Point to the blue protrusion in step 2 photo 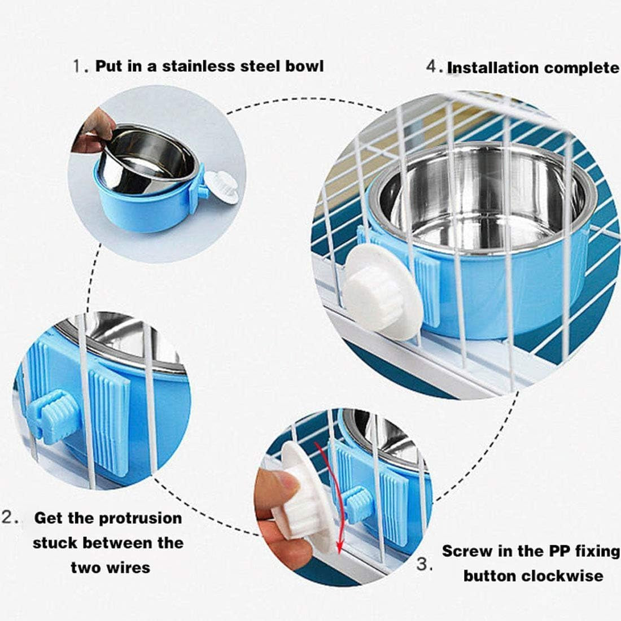[x=51, y=417]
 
